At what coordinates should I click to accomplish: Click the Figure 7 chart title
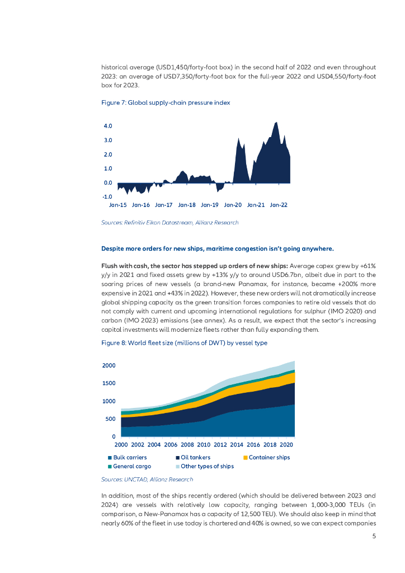point(166,103)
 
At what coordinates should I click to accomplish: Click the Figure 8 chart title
point(184,343)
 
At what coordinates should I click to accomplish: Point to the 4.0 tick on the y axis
point(107,126)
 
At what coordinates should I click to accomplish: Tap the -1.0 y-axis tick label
point(107,197)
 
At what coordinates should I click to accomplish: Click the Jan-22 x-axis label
point(279,205)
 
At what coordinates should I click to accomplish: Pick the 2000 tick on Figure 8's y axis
point(109,365)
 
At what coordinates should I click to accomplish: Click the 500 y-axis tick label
point(110,419)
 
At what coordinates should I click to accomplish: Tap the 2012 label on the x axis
point(220,445)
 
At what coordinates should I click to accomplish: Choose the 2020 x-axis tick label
point(286,445)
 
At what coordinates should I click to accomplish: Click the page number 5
point(374,536)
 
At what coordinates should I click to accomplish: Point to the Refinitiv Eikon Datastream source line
point(169,223)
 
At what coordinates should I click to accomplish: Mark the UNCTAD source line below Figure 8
point(147,480)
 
